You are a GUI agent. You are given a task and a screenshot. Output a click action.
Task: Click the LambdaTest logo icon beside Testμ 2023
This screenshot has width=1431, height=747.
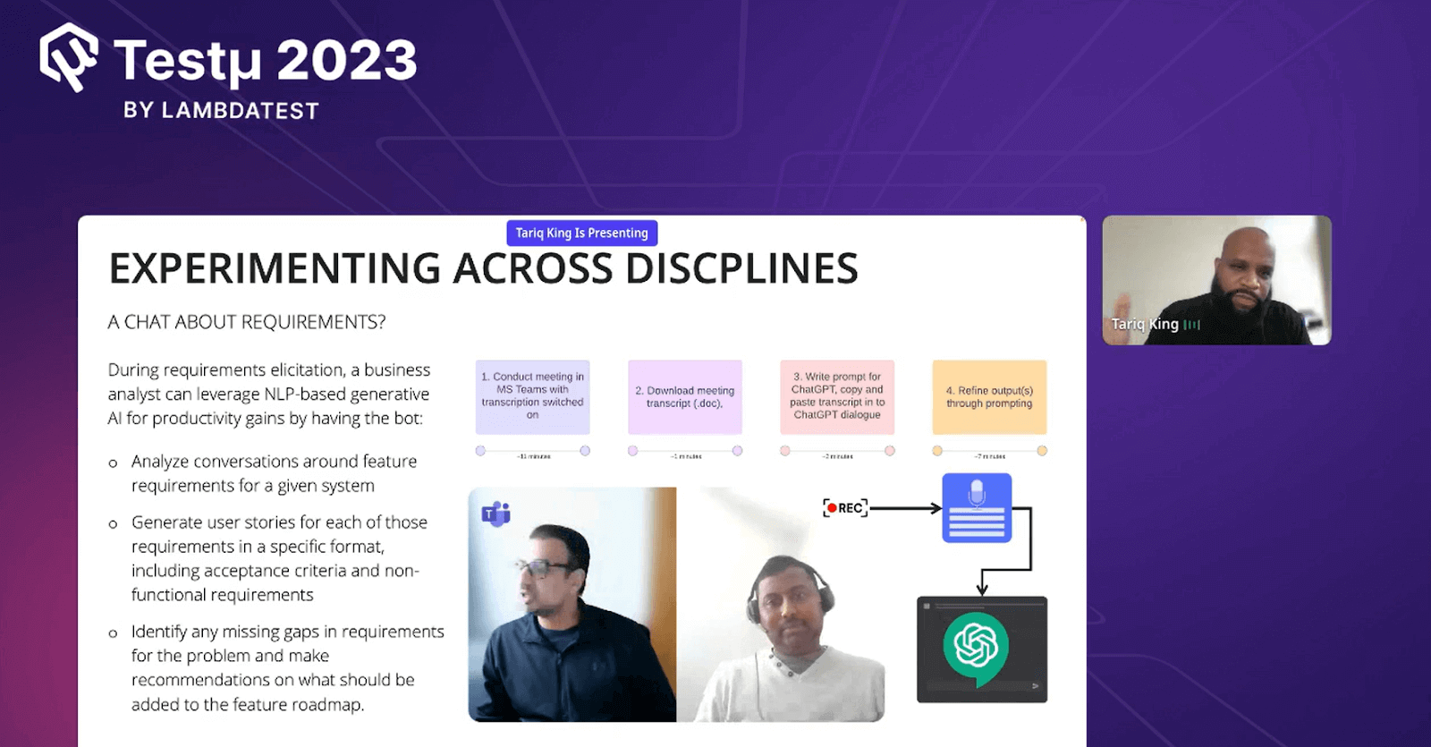pos(69,57)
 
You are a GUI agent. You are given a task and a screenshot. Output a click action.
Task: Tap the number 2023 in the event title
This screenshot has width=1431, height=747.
pos(347,61)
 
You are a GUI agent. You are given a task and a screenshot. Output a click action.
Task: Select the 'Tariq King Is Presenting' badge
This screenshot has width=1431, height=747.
pos(581,233)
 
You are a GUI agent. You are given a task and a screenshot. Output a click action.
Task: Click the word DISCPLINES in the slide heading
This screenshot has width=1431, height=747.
pos(741,268)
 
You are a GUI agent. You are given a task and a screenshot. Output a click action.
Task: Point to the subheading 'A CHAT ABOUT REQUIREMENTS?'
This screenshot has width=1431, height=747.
pos(247,322)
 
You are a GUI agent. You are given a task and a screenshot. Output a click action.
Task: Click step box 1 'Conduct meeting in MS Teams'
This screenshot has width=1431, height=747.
pos(532,396)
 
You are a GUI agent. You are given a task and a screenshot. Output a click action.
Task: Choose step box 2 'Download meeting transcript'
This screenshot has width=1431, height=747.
pos(685,396)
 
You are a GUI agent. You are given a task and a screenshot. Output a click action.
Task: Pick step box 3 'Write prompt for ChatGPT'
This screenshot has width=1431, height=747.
pos(837,396)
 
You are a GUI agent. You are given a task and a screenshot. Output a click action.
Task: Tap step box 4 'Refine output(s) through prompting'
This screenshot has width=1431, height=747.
pos(989,396)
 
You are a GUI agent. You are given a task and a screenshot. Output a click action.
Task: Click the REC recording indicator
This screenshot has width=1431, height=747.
pos(845,508)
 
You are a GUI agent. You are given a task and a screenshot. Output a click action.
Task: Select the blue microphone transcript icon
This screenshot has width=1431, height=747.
pos(977,507)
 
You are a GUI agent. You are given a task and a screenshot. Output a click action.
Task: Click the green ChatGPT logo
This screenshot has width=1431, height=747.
pos(976,646)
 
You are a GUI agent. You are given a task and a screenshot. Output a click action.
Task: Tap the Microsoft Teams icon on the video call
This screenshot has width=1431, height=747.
pos(495,514)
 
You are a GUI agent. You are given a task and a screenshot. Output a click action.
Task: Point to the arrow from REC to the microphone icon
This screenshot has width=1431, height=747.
pos(905,508)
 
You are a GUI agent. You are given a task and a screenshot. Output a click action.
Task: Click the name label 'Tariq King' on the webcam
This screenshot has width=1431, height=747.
pos(1145,324)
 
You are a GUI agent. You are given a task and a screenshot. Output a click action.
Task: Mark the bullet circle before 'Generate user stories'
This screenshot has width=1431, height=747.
pos(113,523)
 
